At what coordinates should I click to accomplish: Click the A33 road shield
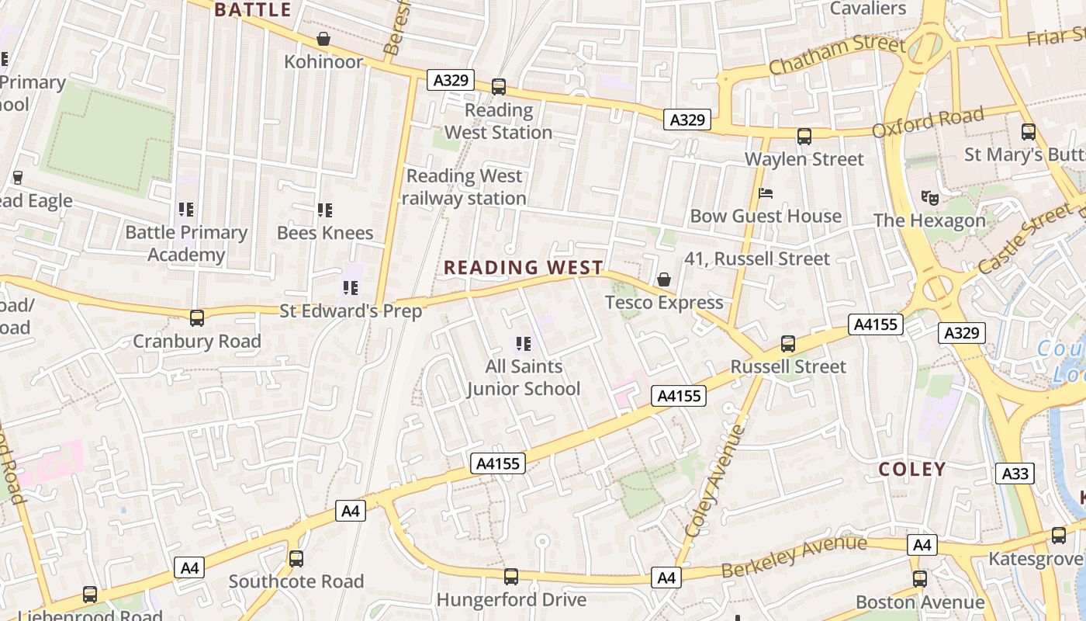[x=1015, y=474]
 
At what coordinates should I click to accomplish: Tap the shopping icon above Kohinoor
[x=323, y=39]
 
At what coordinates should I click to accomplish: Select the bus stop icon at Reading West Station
[x=499, y=87]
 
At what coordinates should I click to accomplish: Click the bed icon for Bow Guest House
[x=766, y=193]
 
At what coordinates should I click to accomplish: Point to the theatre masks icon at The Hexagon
[x=929, y=198]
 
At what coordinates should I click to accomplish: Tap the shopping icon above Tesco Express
[x=664, y=279]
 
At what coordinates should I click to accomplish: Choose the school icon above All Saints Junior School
[x=523, y=343]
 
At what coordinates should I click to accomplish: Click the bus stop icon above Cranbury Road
[x=197, y=318]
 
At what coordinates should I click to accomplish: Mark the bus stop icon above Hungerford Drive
[x=510, y=577]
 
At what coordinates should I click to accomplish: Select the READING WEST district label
[x=524, y=268]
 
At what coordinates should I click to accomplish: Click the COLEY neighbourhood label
[x=912, y=469]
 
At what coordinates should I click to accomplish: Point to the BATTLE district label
[x=253, y=10]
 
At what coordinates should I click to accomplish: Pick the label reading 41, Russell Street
[x=757, y=258]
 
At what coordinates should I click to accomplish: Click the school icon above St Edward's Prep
[x=351, y=288]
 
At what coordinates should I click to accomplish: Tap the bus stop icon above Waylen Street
[x=804, y=137]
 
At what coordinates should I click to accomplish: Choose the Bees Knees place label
[x=325, y=232]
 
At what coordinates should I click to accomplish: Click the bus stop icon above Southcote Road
[x=296, y=559]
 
